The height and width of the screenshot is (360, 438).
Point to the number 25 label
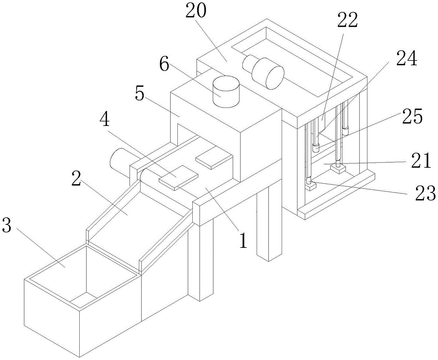click(x=411, y=117)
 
